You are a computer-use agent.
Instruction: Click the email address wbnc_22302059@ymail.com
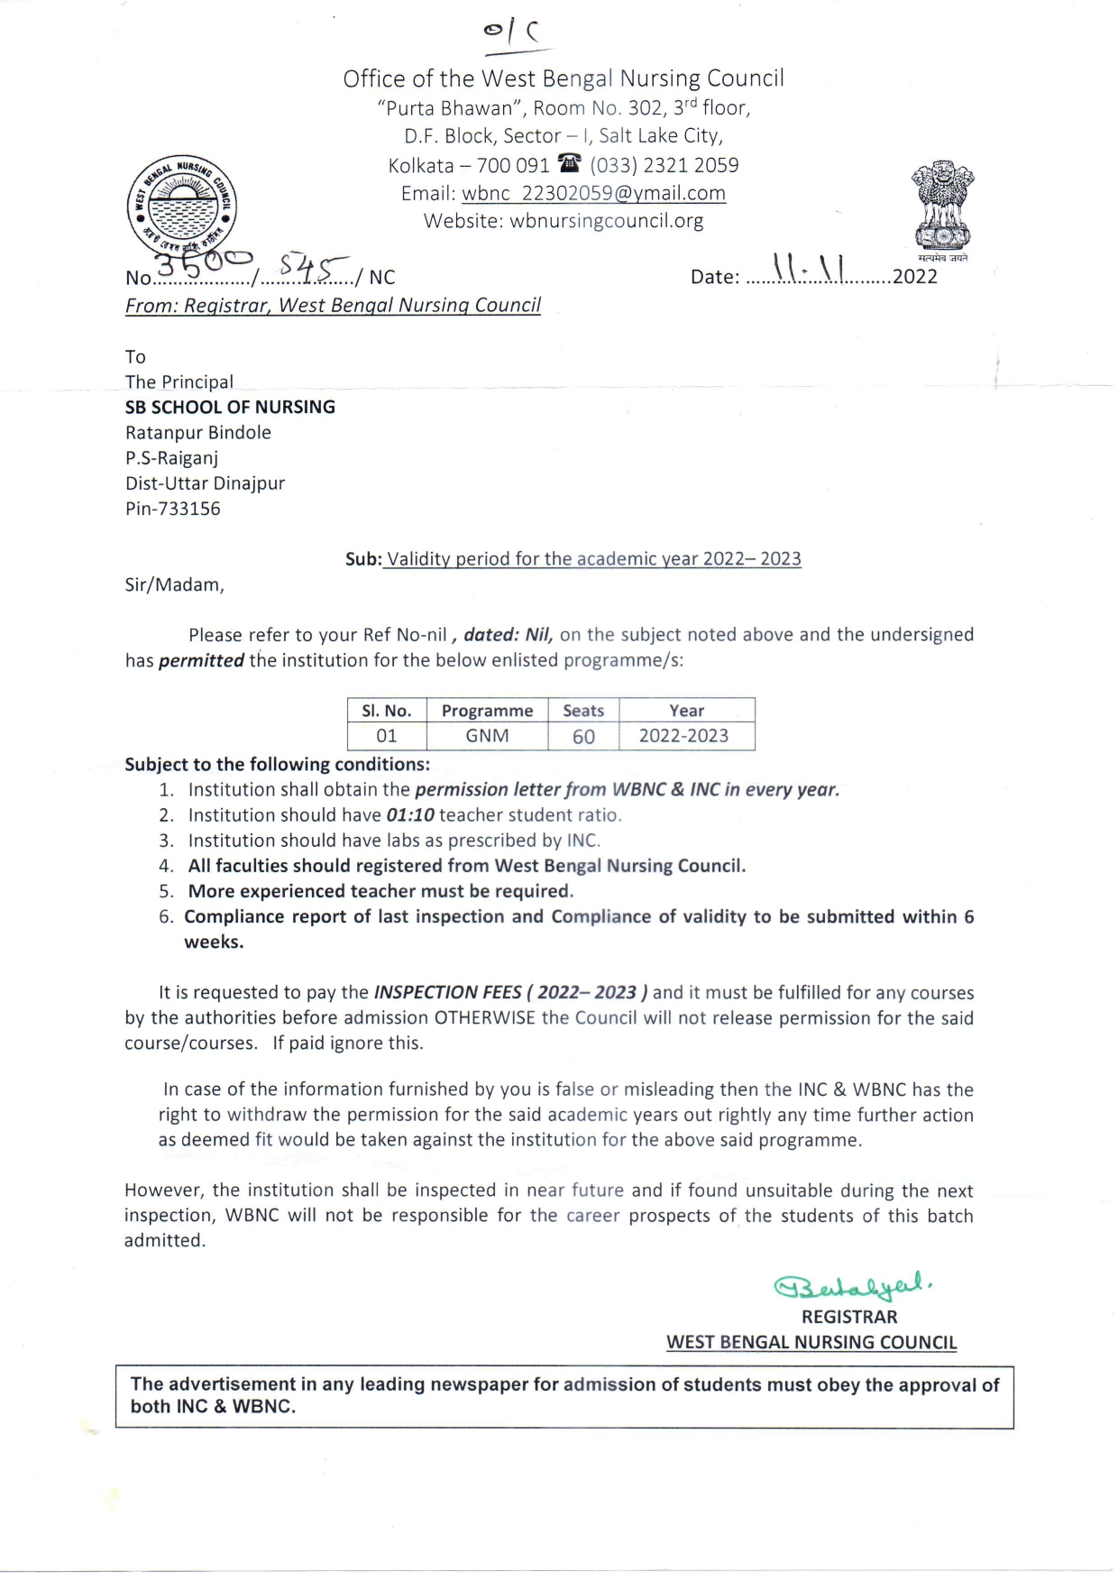[x=593, y=193]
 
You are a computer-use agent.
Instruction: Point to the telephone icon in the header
[x=569, y=164]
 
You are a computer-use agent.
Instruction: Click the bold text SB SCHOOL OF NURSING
[x=230, y=407]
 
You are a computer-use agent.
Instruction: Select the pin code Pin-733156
[x=173, y=509]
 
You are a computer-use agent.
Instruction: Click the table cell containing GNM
[x=487, y=736]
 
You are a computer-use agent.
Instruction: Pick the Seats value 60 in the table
[x=583, y=737]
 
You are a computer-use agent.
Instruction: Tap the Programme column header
[x=487, y=711]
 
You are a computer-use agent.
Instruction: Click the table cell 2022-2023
[x=683, y=736]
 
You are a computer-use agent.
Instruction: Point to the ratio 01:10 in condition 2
[x=410, y=815]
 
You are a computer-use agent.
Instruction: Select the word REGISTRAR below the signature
[x=849, y=1317]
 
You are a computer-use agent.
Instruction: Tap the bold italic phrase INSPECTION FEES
[x=448, y=993]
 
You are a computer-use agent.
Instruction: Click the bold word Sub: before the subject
[x=363, y=559]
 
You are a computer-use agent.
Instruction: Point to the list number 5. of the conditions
[x=166, y=891]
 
